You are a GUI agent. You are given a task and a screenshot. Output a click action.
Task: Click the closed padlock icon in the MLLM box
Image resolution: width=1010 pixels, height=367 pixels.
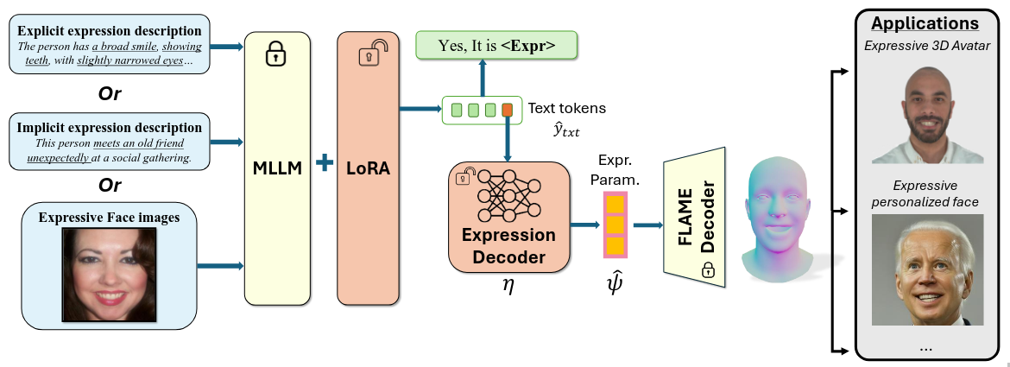coord(276,54)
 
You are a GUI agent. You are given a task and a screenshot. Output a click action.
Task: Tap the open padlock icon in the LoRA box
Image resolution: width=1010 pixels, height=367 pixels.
coord(372,53)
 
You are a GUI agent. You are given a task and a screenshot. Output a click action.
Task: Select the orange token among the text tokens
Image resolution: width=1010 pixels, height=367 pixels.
coord(507,111)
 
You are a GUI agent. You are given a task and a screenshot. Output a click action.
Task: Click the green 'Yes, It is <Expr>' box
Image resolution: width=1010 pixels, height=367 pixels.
coord(496,45)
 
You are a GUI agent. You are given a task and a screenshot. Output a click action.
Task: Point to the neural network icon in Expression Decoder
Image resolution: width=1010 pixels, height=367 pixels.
coord(508,196)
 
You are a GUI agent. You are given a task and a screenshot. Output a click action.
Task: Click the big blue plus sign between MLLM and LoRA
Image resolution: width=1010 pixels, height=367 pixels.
coord(324,162)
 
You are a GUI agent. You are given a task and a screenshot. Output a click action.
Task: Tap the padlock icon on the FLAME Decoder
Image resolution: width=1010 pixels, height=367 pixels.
coord(708,269)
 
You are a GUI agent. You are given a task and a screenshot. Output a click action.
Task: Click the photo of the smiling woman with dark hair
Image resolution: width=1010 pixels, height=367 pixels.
coord(109,275)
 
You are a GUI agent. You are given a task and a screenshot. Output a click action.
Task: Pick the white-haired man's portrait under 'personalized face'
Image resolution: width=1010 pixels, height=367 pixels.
coord(927,269)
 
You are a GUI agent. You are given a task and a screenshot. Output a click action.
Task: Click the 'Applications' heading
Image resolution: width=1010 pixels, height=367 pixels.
coord(925,24)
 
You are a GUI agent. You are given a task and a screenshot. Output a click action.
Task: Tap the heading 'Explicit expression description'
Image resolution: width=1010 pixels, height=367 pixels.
coord(110,31)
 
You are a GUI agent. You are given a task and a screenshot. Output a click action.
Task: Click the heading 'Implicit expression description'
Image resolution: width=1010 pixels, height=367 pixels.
coord(110,128)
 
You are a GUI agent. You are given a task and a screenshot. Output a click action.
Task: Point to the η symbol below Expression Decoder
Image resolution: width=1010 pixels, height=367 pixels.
coord(508,285)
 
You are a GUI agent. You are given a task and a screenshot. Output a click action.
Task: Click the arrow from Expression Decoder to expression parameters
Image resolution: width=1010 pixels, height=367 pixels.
coord(585,225)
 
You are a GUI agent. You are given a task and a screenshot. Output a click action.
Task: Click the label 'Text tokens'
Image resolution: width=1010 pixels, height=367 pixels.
coord(567,108)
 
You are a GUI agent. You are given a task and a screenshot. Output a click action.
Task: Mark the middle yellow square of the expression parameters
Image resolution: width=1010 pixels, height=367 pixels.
coord(615,225)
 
